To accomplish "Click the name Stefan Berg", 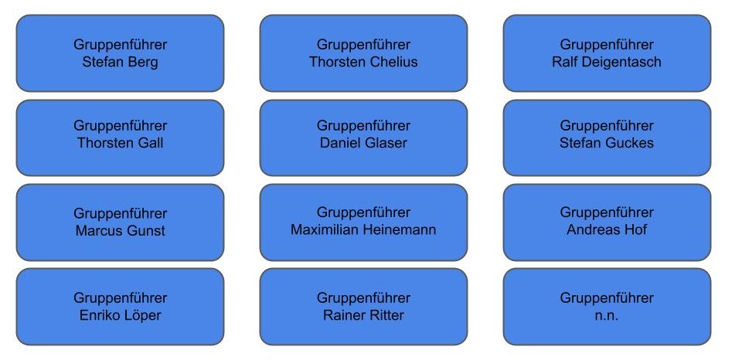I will (x=120, y=63).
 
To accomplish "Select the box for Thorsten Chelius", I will (x=363, y=53).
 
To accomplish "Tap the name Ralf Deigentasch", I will (x=607, y=63).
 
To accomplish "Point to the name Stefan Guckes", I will (x=607, y=143).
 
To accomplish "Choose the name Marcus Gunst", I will (x=120, y=230).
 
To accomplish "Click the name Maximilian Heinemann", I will (x=363, y=229).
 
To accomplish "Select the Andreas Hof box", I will (x=607, y=221).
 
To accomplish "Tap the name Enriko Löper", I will (x=120, y=315).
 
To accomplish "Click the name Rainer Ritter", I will (x=363, y=315).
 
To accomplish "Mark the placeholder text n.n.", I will (x=607, y=315).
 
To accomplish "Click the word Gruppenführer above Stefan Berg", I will (x=120, y=45).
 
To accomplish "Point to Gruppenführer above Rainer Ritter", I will (x=363, y=298).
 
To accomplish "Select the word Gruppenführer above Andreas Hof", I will (x=607, y=212).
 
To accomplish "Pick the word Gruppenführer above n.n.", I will (x=607, y=298).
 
